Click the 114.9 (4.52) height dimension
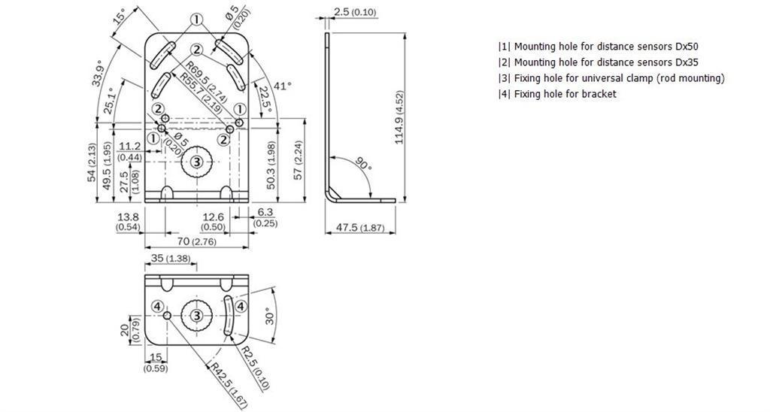point(399,117)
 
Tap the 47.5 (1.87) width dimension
point(360,227)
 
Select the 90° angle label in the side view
point(363,164)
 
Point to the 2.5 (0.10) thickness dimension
point(355,12)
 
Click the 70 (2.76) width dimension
point(196,241)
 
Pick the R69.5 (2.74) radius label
point(206,83)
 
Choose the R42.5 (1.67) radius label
point(227,385)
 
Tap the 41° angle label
point(283,86)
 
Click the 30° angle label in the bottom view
point(270,316)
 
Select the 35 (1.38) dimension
point(171,259)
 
